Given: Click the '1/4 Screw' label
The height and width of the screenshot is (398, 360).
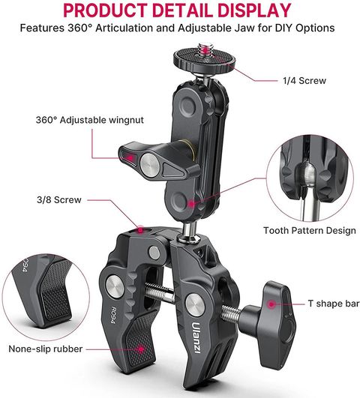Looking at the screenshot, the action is [304, 81].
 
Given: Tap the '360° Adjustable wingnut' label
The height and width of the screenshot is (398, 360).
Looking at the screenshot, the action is [90, 120].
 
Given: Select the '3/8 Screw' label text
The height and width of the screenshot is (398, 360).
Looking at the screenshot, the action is [59, 200].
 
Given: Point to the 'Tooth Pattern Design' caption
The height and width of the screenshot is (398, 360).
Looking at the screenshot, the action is [310, 230].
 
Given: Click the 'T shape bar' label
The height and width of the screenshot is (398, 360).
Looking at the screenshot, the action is [334, 304].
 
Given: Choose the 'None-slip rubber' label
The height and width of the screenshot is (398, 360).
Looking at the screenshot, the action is [46, 349].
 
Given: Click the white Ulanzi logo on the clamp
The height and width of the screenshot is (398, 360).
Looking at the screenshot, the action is [196, 337].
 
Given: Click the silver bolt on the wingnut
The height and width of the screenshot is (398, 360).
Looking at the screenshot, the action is [150, 165].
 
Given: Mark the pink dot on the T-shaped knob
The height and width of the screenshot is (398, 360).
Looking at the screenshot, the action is [271, 304].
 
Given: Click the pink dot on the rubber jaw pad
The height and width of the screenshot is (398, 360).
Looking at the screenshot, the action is [141, 349].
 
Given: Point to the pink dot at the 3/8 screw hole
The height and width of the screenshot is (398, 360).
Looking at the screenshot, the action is [140, 230].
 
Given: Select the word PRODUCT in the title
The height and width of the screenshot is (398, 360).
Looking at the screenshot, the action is [106, 10].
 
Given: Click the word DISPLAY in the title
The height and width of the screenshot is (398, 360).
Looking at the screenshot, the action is [254, 10].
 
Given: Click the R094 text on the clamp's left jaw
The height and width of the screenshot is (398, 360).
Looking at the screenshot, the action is [113, 316].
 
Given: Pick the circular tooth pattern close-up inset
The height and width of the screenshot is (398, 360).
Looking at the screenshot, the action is [310, 178].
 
